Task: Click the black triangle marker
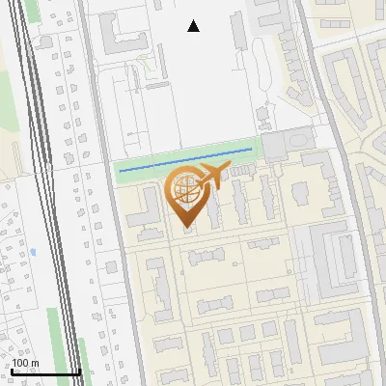(194, 26)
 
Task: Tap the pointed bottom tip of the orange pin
(186, 227)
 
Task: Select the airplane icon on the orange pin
(213, 176)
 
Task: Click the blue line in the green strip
(183, 161)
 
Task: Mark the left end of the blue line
(120, 171)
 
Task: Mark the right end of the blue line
(251, 151)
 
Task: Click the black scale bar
(45, 372)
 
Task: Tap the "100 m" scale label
(25, 363)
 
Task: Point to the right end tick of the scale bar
(79, 371)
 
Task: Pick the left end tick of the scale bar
(12, 371)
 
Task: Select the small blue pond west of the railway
(33, 252)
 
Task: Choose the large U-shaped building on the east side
(333, 261)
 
